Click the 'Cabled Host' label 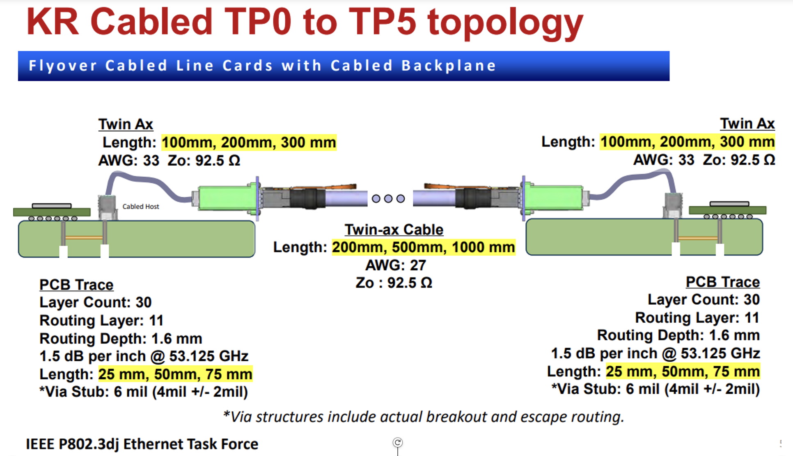[x=141, y=207]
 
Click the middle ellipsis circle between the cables [x=388, y=198]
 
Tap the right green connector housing [x=554, y=197]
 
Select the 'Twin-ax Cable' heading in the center [x=394, y=230]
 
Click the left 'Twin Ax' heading [x=126, y=124]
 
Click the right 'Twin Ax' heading [x=747, y=123]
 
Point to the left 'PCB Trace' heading [x=76, y=285]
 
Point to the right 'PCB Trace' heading [x=723, y=282]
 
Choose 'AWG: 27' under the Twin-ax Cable [x=396, y=265]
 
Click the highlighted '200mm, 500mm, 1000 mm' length [x=423, y=247]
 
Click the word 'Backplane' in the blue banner [x=449, y=66]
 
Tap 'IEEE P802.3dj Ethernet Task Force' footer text [x=142, y=444]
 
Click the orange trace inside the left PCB [x=84, y=237]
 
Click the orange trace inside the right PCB [x=698, y=238]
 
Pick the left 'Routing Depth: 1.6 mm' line [x=121, y=339]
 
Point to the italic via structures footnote [x=423, y=417]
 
